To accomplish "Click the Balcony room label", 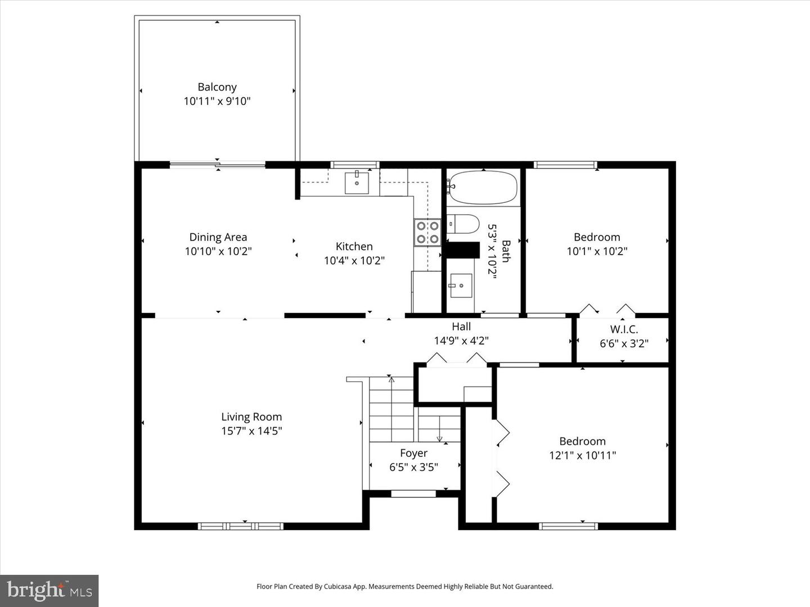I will pyautogui.click(x=217, y=87).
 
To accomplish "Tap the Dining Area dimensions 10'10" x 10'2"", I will pyautogui.click(x=218, y=251).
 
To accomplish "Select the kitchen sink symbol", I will pyautogui.click(x=357, y=183).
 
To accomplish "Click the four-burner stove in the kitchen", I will pyautogui.click(x=427, y=233).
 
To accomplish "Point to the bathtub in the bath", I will pyautogui.click(x=483, y=188).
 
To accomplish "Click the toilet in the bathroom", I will pyautogui.click(x=463, y=224).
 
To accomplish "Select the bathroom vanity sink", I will pyautogui.click(x=461, y=286).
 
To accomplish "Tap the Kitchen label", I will pyautogui.click(x=354, y=246).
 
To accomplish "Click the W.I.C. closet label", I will pyautogui.click(x=624, y=329).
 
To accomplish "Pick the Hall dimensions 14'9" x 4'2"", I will pyautogui.click(x=461, y=341).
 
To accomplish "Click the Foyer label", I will pyautogui.click(x=413, y=453).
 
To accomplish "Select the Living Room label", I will pyautogui.click(x=251, y=416).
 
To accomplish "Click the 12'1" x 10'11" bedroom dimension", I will pyautogui.click(x=582, y=455).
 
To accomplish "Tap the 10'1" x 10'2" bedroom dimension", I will pyautogui.click(x=597, y=251).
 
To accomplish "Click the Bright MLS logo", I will pyautogui.click(x=49, y=591).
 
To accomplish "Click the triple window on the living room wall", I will pyautogui.click(x=240, y=526).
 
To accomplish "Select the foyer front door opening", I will pyautogui.click(x=413, y=493).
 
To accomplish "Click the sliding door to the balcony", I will pyautogui.click(x=217, y=165).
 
